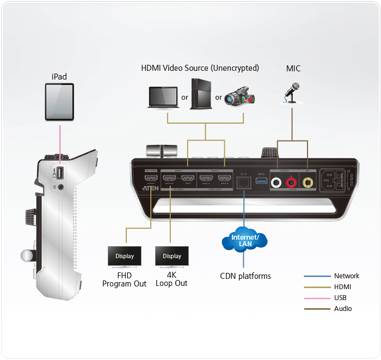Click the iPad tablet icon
pos(59,102)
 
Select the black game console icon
pos(201,95)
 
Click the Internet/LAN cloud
pos(244,240)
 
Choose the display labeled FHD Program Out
pos(125,256)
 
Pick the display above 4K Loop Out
pos(171,256)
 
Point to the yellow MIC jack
pos(309,184)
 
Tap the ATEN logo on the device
pos(151,186)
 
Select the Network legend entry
pos(347,276)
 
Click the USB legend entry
pos(340,297)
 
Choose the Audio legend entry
pos(343,308)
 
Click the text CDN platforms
pos(245,276)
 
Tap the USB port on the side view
pos(60,173)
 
